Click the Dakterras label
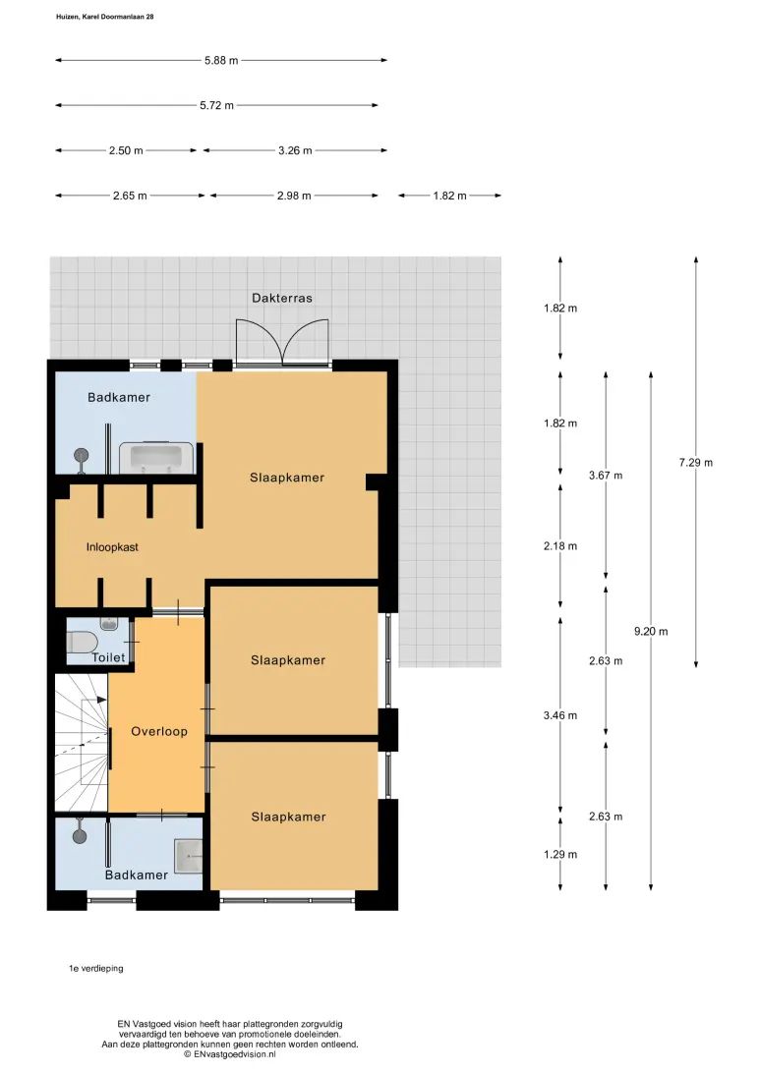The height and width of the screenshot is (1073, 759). click(282, 298)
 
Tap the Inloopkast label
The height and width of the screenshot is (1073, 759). click(112, 546)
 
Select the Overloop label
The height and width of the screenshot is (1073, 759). click(159, 731)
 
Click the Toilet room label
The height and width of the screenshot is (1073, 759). click(109, 657)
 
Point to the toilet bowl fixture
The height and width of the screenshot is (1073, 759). click(83, 642)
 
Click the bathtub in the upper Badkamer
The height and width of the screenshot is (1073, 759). click(156, 457)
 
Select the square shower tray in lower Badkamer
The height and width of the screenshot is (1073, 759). click(189, 856)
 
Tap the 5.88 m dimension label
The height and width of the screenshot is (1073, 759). click(221, 60)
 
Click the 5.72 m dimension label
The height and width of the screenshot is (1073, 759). click(217, 105)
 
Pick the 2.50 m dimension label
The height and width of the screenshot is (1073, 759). click(126, 150)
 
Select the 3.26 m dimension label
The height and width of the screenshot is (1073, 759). click(295, 150)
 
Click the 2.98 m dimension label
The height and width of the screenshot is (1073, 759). click(294, 196)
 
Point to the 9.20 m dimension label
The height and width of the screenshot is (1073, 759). click(651, 632)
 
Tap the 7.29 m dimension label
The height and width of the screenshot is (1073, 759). click(696, 463)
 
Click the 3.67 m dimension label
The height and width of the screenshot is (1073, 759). click(606, 475)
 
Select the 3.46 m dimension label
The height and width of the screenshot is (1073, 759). click(560, 715)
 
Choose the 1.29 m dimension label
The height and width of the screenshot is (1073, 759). click(560, 854)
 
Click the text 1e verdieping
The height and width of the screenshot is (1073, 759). click(95, 968)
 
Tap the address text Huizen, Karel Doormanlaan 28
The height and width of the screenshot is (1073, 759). click(105, 17)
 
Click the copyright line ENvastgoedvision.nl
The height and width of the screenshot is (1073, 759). click(230, 1054)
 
